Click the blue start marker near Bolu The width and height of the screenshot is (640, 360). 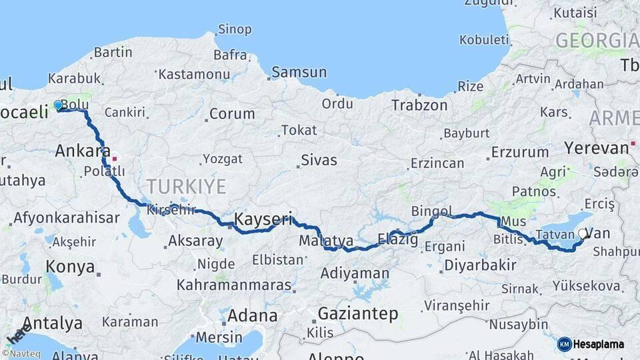58,105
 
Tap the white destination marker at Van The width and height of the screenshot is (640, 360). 583,234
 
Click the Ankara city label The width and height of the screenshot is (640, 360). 83,151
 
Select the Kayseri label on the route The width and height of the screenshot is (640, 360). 263,219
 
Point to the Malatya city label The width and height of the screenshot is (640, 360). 326,240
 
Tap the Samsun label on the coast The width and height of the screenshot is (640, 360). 299,72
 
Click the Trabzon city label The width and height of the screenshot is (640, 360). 419,105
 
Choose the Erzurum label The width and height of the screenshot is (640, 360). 520,152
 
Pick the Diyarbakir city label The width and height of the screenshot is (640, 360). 481,265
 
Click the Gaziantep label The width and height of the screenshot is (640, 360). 357,313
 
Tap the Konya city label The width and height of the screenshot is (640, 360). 70,267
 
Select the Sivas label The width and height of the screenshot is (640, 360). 319,160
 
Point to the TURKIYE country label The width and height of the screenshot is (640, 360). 187,186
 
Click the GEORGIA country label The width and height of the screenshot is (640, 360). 597,40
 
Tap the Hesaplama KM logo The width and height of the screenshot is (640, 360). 591,344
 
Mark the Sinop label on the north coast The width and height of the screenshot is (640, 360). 234,29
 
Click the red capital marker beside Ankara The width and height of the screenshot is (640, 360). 115,159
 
